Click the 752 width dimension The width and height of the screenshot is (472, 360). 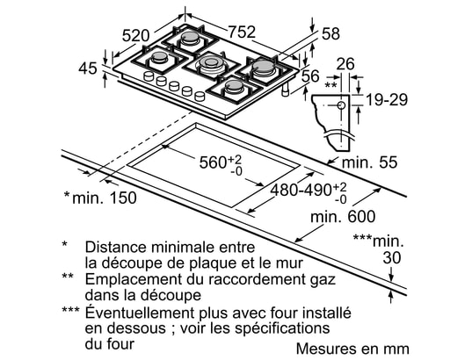pos(242,32)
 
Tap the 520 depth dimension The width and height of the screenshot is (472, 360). pos(135,36)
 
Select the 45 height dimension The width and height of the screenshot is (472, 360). pos(88,68)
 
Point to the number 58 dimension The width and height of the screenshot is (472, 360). pos(330,33)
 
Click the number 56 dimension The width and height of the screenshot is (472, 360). pos(310,76)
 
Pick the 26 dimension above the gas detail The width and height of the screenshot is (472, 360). pos(345,64)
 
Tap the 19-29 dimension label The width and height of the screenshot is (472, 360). pos(387,99)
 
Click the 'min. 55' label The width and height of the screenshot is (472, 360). pos(370,162)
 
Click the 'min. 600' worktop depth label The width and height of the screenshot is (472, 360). pos(343,217)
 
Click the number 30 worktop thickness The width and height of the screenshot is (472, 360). pos(392,258)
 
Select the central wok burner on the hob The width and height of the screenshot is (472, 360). pos(211,64)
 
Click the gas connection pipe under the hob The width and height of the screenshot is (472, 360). pos(286,90)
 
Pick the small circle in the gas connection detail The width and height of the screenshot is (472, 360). pos(341,105)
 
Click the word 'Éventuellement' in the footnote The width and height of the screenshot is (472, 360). pos(140,313)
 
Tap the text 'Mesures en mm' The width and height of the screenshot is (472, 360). pos(352,349)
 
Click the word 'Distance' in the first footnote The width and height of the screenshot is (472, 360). pos(116,247)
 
